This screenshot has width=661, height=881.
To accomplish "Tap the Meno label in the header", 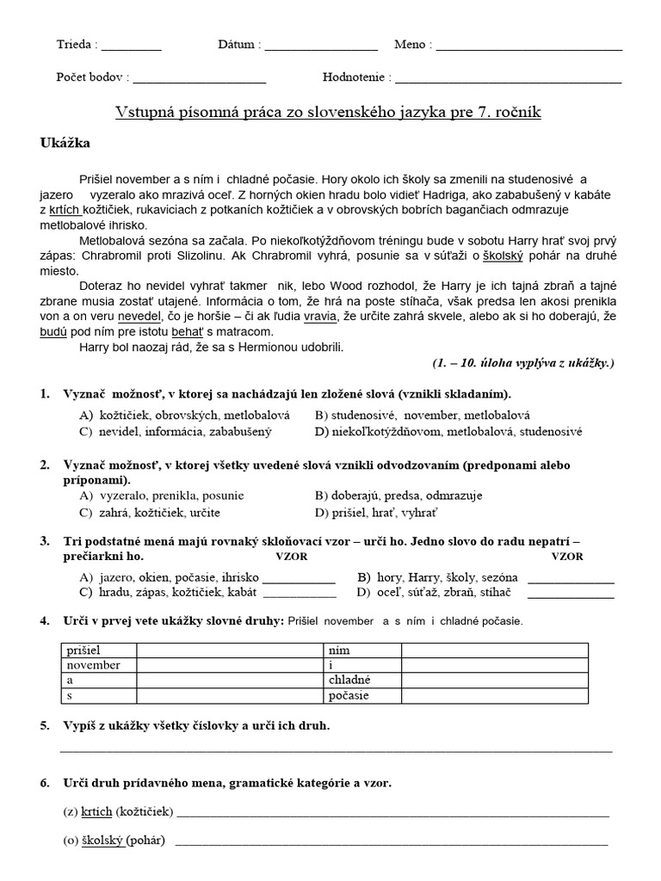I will pos(413,45).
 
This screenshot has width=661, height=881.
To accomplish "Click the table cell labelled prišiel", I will pos(97,651).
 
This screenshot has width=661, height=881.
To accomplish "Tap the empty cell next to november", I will pos(228,665).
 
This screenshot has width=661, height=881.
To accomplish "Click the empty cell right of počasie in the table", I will pos(494,695).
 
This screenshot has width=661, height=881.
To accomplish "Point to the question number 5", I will pos(45,726).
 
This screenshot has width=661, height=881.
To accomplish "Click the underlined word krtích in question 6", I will pos(96,811).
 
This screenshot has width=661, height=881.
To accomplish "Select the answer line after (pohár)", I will pos(391,842).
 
